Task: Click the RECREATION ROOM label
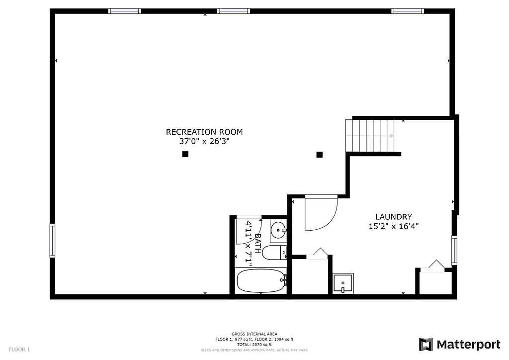click(x=204, y=132)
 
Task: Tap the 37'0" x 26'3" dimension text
click(x=204, y=141)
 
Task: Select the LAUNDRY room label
click(x=393, y=217)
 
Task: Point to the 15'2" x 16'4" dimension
click(x=393, y=226)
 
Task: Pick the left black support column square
click(x=185, y=154)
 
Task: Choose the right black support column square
click(x=320, y=154)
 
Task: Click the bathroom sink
click(x=278, y=230)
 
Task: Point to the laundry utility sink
click(x=343, y=283)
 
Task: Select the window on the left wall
click(x=52, y=241)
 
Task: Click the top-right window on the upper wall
click(x=407, y=11)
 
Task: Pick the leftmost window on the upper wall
click(x=124, y=11)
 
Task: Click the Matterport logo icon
click(x=425, y=345)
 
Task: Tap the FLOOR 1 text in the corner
click(x=19, y=350)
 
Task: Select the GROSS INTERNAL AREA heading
click(x=254, y=334)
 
